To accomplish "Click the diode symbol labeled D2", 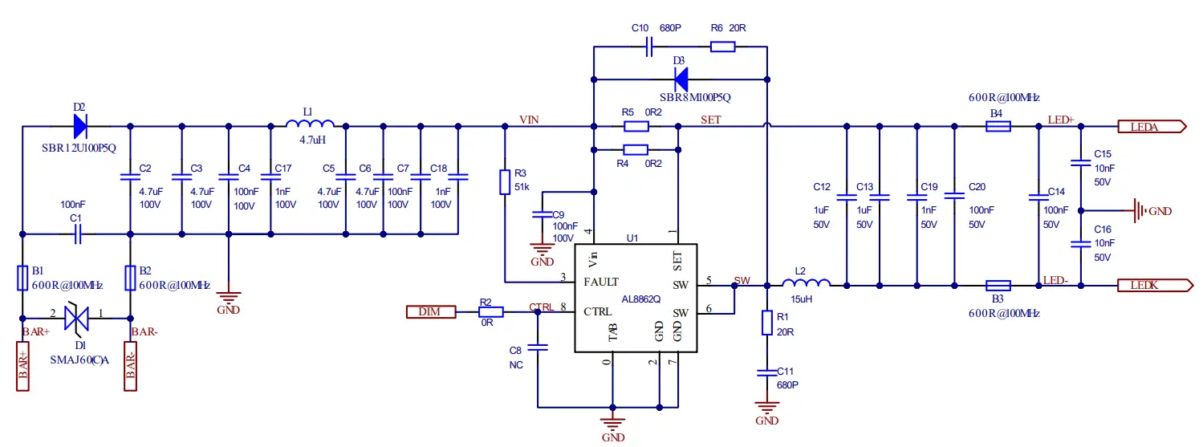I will (79, 126).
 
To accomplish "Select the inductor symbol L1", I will (311, 124).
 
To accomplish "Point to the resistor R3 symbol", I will (505, 181).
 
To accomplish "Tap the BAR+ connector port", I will (22, 365).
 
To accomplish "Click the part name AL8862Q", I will (640, 299).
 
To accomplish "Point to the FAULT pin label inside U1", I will (601, 282).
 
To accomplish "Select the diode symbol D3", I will (681, 79).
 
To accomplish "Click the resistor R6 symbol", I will (722, 47).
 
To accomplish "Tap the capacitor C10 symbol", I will (649, 47).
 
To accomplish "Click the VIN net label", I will (529, 120).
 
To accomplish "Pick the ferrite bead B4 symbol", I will (997, 126).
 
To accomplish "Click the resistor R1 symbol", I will (767, 323).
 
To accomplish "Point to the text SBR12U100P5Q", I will (79, 148).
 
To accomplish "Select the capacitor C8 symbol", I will (538, 348).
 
